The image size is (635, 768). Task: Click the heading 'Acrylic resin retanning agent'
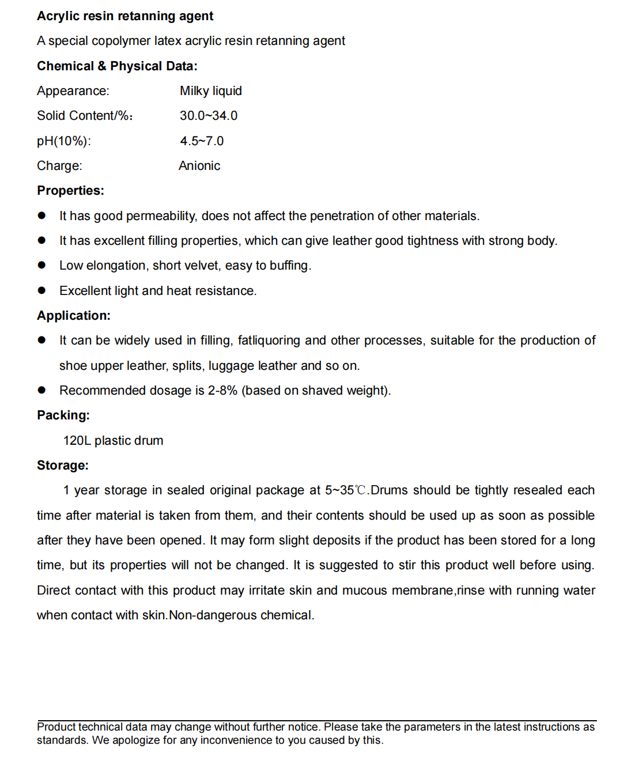click(125, 16)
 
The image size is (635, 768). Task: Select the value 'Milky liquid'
click(210, 91)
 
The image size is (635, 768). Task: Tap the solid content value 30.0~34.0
click(208, 116)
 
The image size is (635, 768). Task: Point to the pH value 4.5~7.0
click(202, 141)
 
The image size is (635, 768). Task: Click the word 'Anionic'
click(199, 166)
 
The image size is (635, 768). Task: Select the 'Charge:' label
click(59, 166)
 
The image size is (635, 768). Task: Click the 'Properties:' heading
click(70, 191)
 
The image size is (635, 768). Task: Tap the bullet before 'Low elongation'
click(41, 265)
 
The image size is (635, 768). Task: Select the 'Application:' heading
click(74, 316)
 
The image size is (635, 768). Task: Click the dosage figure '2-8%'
click(222, 391)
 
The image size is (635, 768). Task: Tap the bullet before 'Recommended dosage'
click(41, 390)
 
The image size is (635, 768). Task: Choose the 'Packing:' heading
click(63, 415)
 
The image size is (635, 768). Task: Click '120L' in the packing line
click(77, 441)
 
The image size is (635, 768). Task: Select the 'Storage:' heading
click(63, 466)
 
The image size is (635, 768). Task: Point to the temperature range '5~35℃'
click(345, 490)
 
